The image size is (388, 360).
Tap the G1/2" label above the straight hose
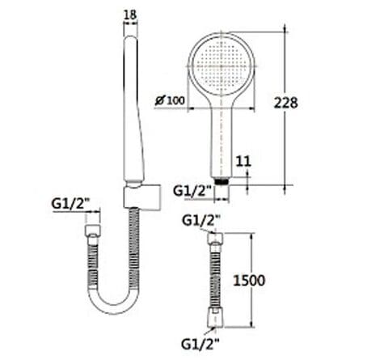(x=200, y=219)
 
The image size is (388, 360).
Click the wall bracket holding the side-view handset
(x=132, y=197)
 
